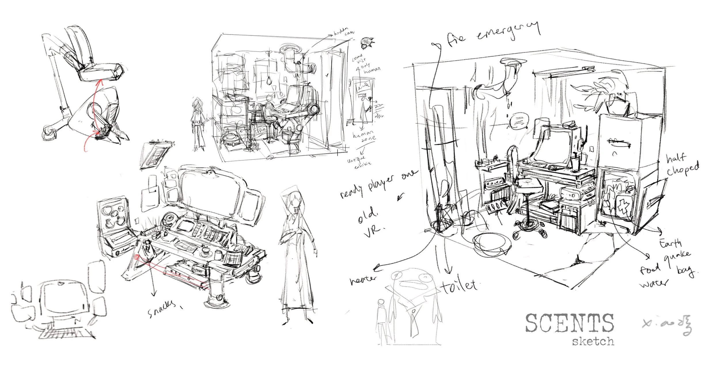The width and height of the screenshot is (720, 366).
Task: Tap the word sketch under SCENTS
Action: click(x=593, y=341)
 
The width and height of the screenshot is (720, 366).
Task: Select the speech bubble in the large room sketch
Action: click(x=519, y=121)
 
